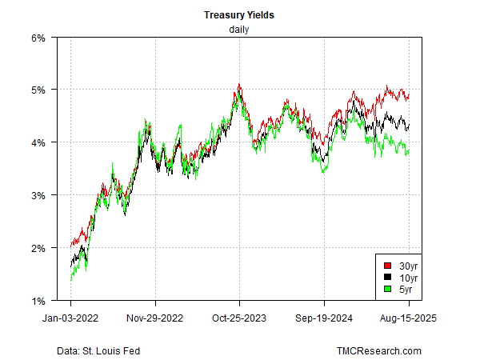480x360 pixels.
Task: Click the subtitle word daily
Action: pos(240,30)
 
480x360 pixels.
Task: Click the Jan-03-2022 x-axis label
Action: pos(71,317)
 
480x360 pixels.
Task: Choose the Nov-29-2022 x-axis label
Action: pos(155,317)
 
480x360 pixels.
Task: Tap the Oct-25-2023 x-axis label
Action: pos(239,317)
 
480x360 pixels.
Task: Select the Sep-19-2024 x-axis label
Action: pos(324,317)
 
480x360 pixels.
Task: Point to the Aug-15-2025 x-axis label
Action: pos(408,317)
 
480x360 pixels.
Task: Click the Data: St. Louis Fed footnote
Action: pos(101,350)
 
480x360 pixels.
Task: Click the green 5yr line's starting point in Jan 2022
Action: pos(71,280)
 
